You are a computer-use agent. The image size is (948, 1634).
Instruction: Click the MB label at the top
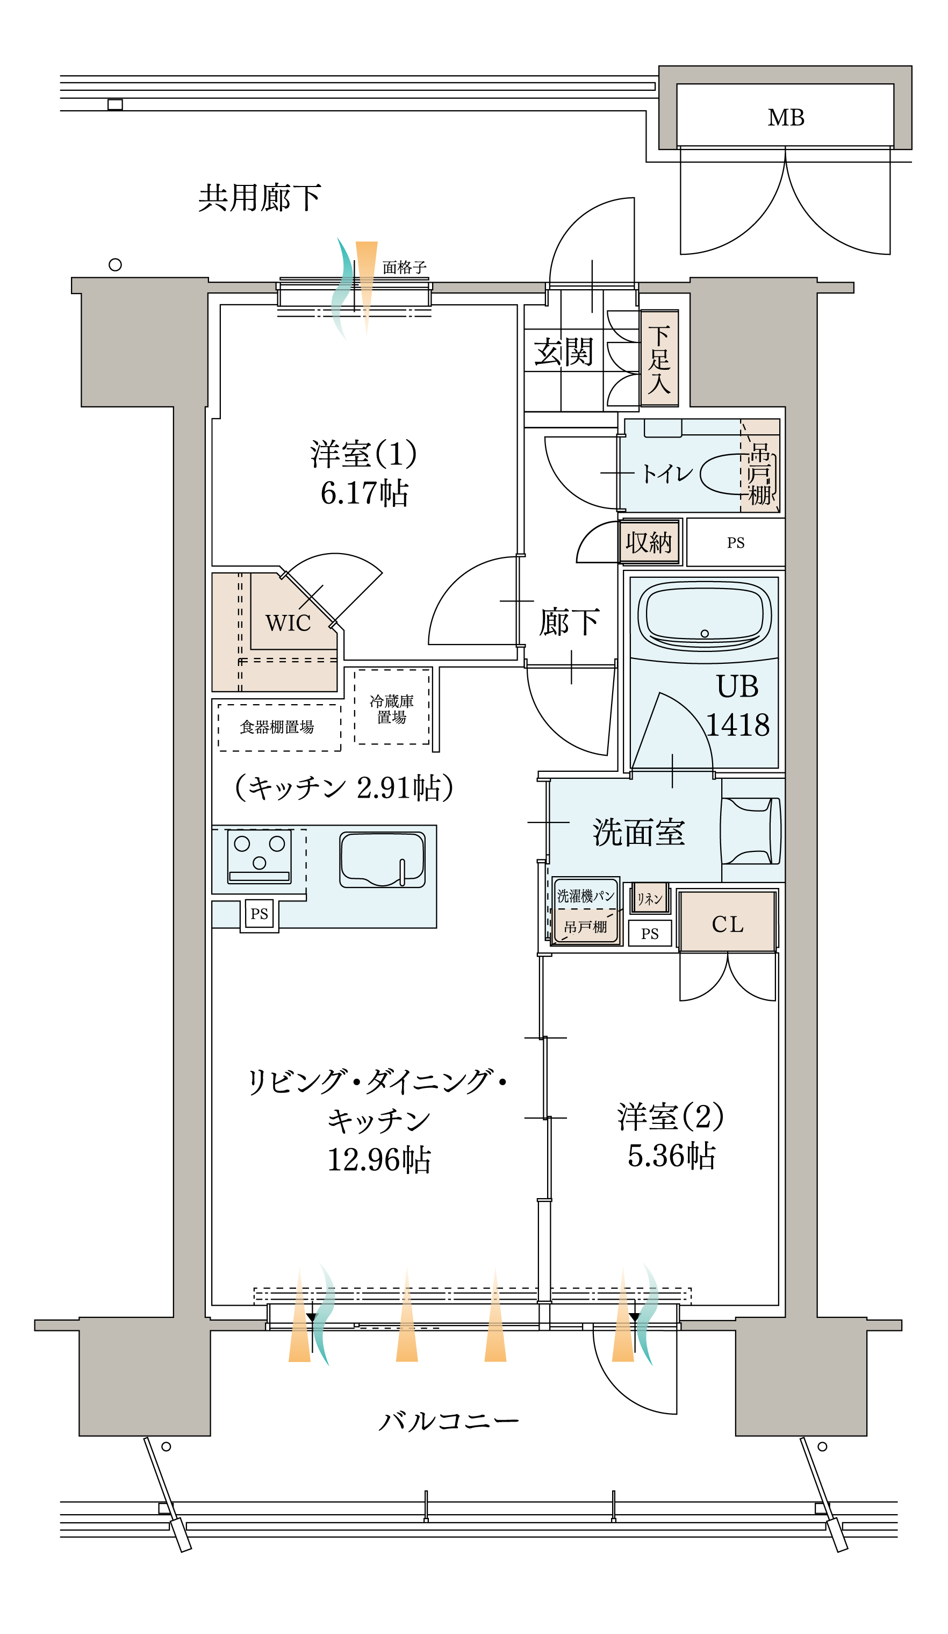pyautogui.click(x=785, y=117)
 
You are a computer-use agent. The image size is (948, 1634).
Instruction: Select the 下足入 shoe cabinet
pyautogui.click(x=659, y=359)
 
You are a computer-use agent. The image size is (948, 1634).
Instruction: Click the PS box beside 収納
pyautogui.click(x=735, y=543)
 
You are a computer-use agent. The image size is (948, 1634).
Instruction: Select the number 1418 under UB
pyautogui.click(x=737, y=725)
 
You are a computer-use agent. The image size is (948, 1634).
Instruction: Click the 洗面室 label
pyautogui.click(x=638, y=832)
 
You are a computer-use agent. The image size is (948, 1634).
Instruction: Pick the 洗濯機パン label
pyautogui.click(x=586, y=896)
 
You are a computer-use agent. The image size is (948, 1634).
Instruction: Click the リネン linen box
pyautogui.click(x=650, y=899)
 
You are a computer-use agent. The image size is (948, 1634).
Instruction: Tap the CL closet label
pyautogui.click(x=727, y=924)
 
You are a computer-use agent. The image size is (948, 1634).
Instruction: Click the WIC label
pyautogui.click(x=288, y=623)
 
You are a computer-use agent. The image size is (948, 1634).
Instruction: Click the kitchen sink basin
pyautogui.click(x=382, y=859)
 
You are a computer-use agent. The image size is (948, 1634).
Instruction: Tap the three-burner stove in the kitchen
pyautogui.click(x=260, y=856)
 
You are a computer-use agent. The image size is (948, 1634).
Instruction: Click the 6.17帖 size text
pyautogui.click(x=364, y=493)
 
